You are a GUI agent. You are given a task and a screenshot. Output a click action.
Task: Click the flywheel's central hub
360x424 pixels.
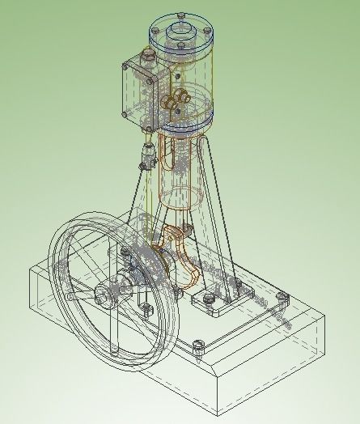click(107, 292)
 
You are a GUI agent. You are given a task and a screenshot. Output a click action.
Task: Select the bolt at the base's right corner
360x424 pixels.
click(282, 297)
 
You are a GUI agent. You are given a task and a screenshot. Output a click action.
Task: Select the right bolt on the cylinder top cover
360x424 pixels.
click(211, 32)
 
